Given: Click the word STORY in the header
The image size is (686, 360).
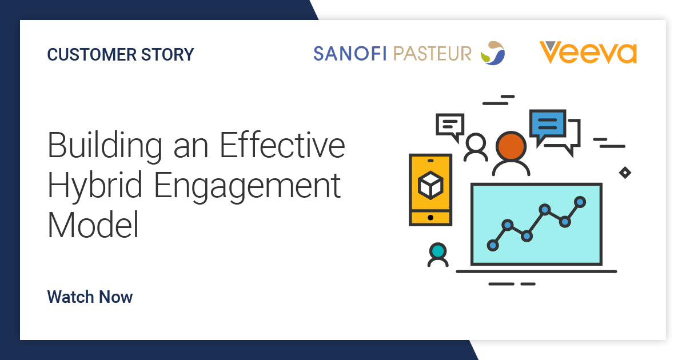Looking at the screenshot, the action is (x=167, y=54).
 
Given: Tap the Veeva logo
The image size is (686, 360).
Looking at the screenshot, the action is (x=588, y=53).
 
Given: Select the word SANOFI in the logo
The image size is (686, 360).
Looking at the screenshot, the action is (x=350, y=54).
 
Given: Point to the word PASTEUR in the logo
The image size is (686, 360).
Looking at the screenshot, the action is (x=432, y=54).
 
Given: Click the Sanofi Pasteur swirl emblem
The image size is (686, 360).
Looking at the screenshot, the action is (x=493, y=53).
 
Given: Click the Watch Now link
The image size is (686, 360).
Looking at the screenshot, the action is (x=90, y=297).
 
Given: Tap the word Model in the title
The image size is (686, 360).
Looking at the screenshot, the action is (x=93, y=225).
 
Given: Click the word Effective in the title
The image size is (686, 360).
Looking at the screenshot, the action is (x=282, y=145).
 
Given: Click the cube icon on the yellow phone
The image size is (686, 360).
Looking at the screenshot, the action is (x=430, y=185).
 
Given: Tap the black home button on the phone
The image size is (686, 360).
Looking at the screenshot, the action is (x=430, y=218).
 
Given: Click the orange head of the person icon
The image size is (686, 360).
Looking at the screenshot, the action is (x=511, y=146).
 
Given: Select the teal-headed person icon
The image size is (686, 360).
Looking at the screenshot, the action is (x=438, y=255).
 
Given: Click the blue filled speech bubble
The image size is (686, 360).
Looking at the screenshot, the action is (x=548, y=126).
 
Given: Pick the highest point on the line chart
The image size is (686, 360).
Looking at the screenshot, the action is (x=580, y=202).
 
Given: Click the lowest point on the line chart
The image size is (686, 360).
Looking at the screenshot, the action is (x=493, y=245).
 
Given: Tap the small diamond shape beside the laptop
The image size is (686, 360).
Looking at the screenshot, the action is (x=625, y=173).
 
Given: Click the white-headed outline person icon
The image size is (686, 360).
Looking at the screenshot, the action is (x=476, y=147).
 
